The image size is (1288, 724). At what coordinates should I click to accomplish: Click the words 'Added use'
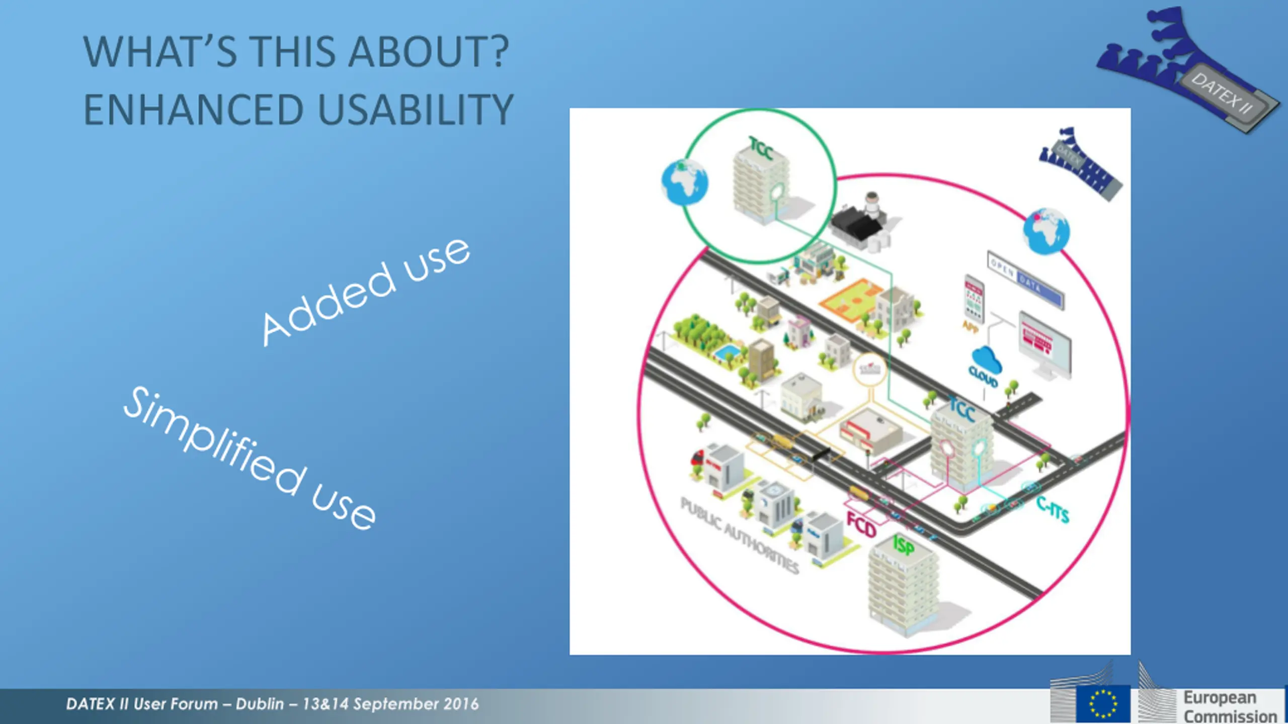click(x=366, y=292)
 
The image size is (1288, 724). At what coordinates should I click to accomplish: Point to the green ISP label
click(x=904, y=545)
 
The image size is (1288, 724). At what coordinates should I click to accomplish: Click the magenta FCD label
click(x=861, y=524)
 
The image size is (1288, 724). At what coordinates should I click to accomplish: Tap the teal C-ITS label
click(x=1053, y=509)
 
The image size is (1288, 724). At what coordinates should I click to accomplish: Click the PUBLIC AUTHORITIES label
click(x=739, y=535)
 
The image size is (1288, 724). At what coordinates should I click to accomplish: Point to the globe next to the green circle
click(x=684, y=182)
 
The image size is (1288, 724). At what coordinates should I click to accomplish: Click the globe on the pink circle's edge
click(x=1046, y=231)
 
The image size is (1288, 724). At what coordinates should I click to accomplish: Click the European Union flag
click(x=1102, y=704)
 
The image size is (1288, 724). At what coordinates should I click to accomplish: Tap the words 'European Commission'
click(x=1230, y=707)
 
